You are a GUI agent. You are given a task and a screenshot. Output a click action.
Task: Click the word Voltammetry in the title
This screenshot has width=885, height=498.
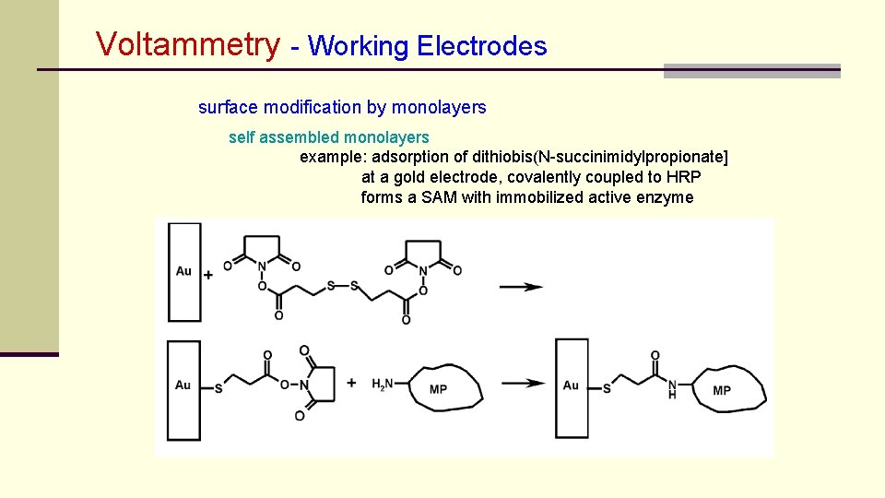point(187,43)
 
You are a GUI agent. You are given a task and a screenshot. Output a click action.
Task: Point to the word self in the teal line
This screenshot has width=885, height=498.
point(242,137)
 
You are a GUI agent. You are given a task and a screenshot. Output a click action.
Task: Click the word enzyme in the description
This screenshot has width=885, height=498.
point(665,197)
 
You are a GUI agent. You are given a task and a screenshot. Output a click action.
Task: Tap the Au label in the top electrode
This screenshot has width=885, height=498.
point(184,270)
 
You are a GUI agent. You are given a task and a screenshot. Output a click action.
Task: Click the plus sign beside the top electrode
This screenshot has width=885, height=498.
point(208,275)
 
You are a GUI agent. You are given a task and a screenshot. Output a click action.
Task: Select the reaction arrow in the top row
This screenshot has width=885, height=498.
point(521,287)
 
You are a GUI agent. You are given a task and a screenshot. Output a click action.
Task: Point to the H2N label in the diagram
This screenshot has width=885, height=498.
point(382,384)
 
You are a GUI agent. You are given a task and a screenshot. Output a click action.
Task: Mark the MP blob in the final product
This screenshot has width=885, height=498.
point(723,390)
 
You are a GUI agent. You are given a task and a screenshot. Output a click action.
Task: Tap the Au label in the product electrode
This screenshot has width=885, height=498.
point(572,385)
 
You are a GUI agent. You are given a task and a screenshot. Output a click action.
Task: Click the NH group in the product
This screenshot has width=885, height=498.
point(672,388)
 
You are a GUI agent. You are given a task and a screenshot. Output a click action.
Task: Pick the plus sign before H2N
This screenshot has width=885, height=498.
point(351,383)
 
